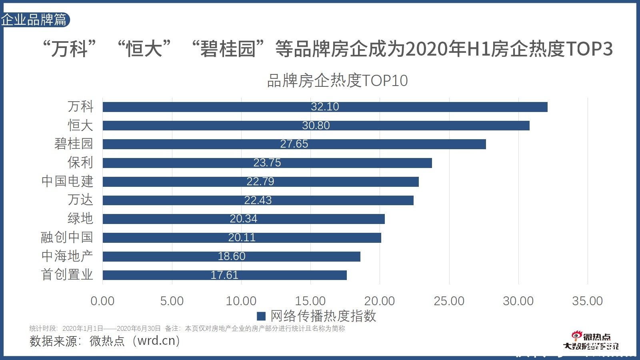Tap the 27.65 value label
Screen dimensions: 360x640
coord(294,144)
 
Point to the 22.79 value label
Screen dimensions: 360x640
coord(260,182)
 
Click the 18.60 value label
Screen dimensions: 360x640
coord(232,256)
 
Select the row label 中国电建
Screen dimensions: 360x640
coord(67,181)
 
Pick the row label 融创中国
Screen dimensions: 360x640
coord(67,237)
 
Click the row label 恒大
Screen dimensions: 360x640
coord(80,125)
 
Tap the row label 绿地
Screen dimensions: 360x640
coord(80,218)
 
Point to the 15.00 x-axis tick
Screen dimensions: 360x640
coord(310,301)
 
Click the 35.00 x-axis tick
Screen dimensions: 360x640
coord(587,301)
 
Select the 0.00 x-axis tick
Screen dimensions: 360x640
coord(102,301)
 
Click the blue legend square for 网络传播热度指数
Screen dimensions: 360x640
coord(261,316)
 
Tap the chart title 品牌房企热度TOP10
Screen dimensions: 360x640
coord(337,81)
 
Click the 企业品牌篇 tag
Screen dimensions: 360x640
coord(34,20)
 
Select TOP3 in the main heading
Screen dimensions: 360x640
coord(589,49)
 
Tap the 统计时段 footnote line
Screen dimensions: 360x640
coord(187,328)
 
